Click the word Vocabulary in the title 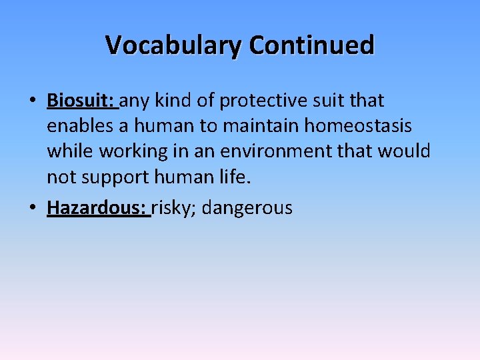tap(174, 45)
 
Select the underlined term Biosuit tap(81, 101)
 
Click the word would tap(404, 152)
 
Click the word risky tap(173, 207)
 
